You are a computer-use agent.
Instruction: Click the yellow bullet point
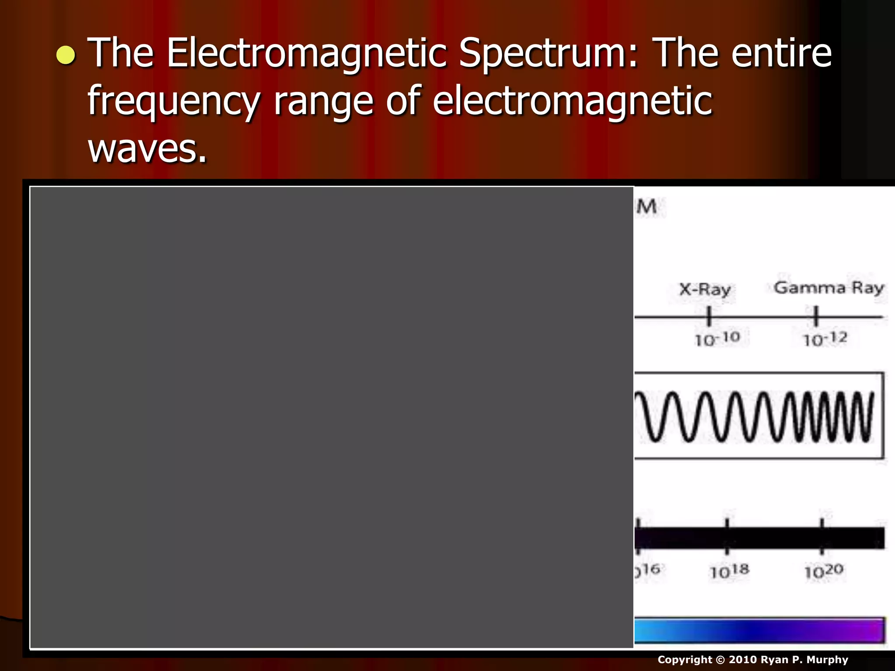click(x=66, y=55)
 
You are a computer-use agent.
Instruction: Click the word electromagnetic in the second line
click(x=572, y=101)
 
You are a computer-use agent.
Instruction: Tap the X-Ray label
click(x=704, y=290)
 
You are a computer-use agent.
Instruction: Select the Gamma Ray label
click(x=829, y=288)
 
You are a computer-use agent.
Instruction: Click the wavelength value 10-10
click(x=717, y=339)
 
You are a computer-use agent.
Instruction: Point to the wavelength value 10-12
click(x=825, y=339)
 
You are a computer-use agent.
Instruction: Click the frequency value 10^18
click(x=729, y=571)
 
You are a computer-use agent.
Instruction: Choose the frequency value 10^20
click(x=824, y=571)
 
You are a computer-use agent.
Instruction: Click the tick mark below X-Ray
click(x=709, y=316)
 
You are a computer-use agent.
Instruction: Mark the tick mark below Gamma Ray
click(x=815, y=316)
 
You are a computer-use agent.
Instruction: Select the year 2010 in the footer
click(x=742, y=660)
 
